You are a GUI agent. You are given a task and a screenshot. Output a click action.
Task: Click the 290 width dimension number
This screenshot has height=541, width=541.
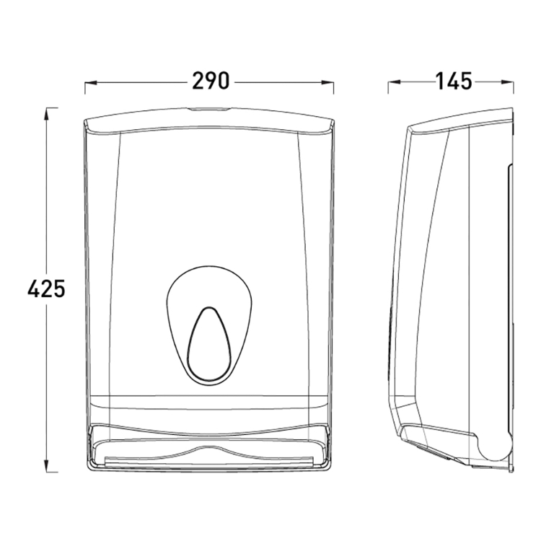click(210, 82)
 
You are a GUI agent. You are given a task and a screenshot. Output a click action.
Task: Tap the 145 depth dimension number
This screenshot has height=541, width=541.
click(453, 82)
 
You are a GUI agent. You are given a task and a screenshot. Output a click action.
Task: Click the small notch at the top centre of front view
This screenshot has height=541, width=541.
click(209, 111)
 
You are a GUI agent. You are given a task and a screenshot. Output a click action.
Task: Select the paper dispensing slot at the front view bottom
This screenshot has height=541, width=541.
click(209, 458)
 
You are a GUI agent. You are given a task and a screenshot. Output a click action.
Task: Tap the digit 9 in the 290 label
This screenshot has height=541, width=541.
click(210, 82)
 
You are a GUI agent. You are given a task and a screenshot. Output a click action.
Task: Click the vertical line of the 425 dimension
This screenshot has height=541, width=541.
click(48, 216)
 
